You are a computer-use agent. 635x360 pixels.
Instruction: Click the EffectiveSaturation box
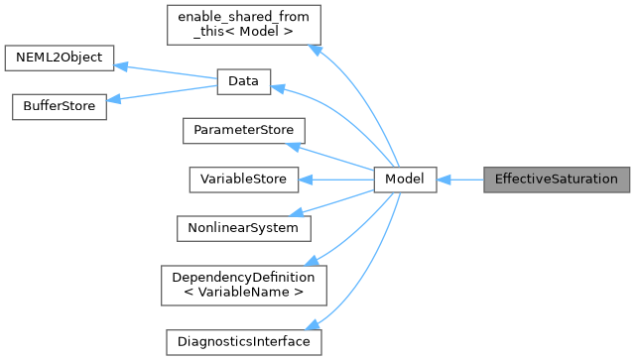[x=556, y=180]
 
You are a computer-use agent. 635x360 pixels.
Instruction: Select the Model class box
[x=405, y=180]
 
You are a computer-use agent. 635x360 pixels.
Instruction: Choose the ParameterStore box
[x=243, y=131]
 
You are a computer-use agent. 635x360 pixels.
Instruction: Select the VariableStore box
[x=243, y=180]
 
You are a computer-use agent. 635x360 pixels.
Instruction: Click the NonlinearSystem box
[x=243, y=227]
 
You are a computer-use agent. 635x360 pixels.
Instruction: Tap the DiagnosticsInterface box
[x=243, y=341]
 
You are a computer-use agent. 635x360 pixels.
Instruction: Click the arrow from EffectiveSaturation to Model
[x=459, y=180]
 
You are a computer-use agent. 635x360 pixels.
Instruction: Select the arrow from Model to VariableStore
[x=336, y=180]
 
